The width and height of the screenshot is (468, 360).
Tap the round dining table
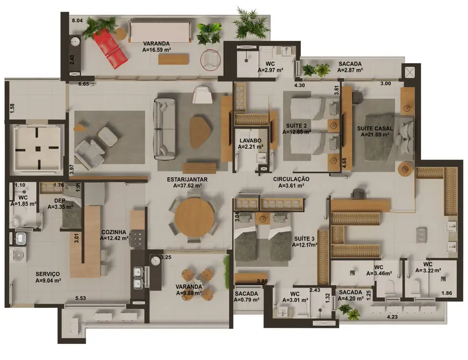193,217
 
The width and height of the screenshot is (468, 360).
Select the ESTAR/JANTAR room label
184,179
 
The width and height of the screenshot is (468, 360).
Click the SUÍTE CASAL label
375,128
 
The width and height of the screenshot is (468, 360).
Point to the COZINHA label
114,232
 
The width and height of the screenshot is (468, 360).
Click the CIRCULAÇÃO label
291,179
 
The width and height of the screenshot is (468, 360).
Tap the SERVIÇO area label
48,274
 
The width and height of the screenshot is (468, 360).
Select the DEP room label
60,201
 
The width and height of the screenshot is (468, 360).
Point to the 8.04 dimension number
77,20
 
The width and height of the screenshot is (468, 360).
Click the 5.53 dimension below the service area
81,299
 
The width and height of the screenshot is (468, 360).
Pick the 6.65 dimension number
84,84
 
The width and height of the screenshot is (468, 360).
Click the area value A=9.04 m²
48,280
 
